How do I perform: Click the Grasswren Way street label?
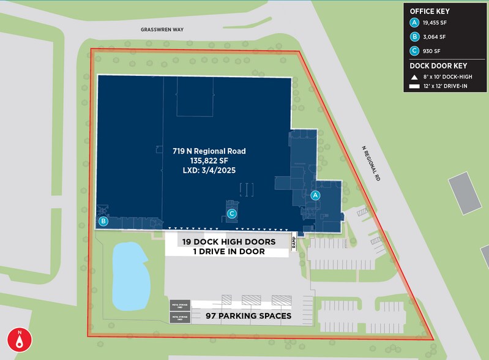pyautogui.click(x=162, y=29)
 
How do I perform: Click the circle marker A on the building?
pyautogui.click(x=316, y=195)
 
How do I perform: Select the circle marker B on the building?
pyautogui.click(x=104, y=222)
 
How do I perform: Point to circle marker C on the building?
pyautogui.click(x=231, y=214)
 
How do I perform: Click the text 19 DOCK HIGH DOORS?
pyautogui.click(x=229, y=242)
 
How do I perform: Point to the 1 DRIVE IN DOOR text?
pyautogui.click(x=228, y=252)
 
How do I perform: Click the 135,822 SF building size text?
pyautogui.click(x=209, y=160)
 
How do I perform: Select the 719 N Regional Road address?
pyautogui.click(x=209, y=151)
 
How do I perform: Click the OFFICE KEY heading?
pyautogui.click(x=430, y=10)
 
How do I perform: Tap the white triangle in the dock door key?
pyautogui.click(x=414, y=78)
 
